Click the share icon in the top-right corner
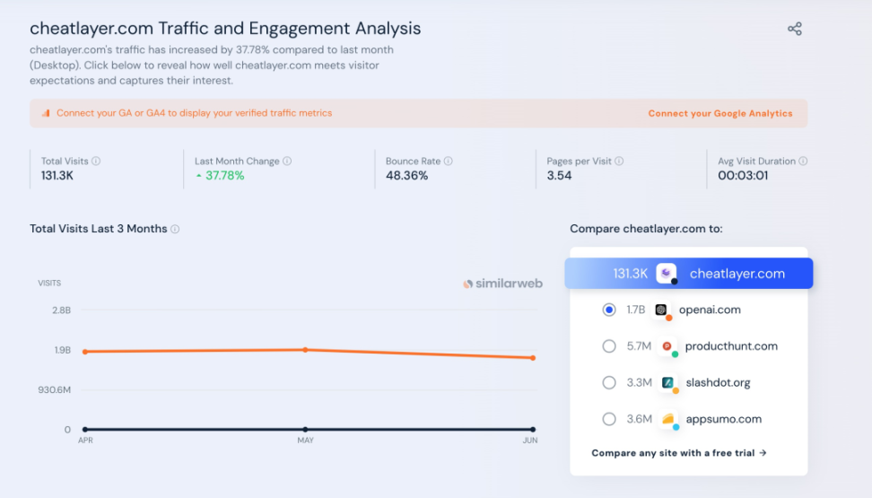coord(794,29)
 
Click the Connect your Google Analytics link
coord(719,114)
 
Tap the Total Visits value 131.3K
coord(57,176)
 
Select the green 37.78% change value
coord(224,176)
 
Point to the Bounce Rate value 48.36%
coord(406,176)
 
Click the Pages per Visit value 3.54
coord(559,176)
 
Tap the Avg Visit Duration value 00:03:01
coord(743,176)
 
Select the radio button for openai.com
coord(609,310)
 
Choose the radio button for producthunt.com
coord(609,346)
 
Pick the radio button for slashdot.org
coord(609,382)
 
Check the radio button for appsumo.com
coord(609,419)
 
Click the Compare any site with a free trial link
coord(679,453)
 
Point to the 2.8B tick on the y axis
coord(61,310)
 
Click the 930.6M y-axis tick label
coord(54,389)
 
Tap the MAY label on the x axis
coord(305,441)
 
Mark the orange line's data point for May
coord(305,349)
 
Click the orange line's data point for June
coord(533,358)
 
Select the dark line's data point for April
coord(85,430)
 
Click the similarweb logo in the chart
coord(502,284)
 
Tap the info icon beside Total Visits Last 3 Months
coord(175,229)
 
